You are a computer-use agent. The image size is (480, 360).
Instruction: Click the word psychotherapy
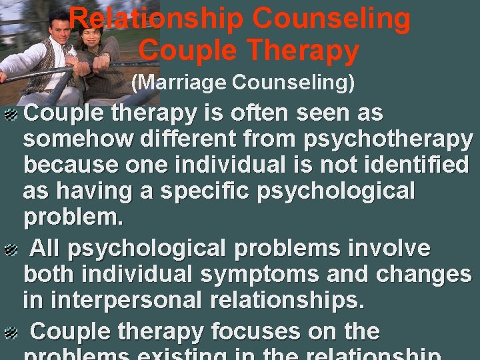(388, 140)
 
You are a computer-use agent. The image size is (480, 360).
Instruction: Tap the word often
(254, 113)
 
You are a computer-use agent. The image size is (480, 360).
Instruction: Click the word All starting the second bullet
(46, 249)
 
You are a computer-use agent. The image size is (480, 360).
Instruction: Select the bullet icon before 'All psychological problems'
(11, 250)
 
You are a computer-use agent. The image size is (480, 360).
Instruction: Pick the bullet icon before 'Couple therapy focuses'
(11, 332)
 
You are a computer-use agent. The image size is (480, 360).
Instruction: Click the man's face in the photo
(59, 35)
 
